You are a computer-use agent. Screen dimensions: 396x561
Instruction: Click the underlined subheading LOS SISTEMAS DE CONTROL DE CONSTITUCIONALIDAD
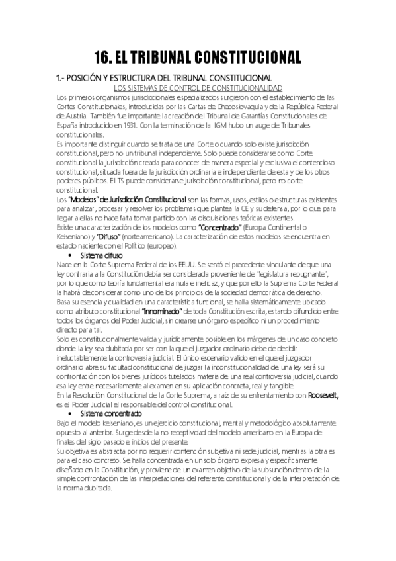198,88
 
